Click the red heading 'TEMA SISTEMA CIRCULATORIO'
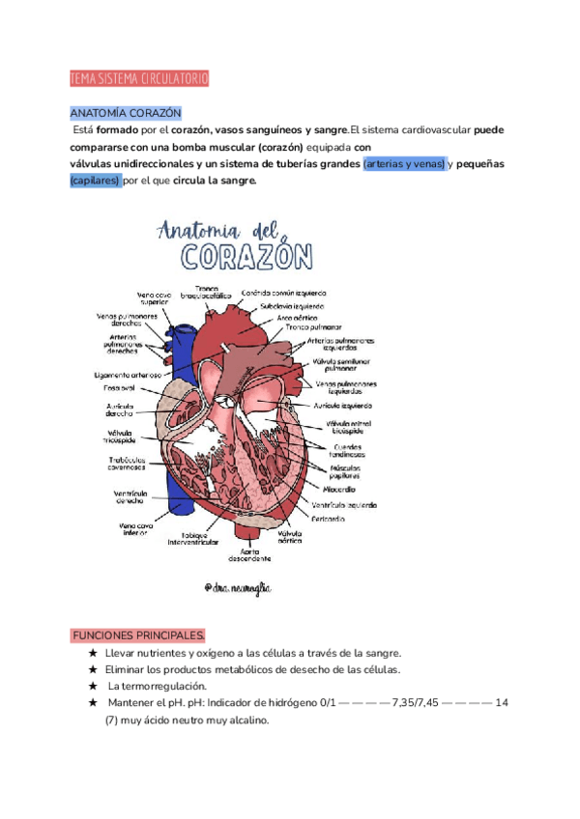point(139,78)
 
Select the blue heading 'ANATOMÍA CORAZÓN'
point(126,113)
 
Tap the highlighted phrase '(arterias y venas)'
point(404,164)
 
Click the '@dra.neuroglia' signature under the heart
point(239,587)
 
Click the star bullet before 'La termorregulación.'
point(93,686)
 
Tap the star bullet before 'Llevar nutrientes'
point(93,653)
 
